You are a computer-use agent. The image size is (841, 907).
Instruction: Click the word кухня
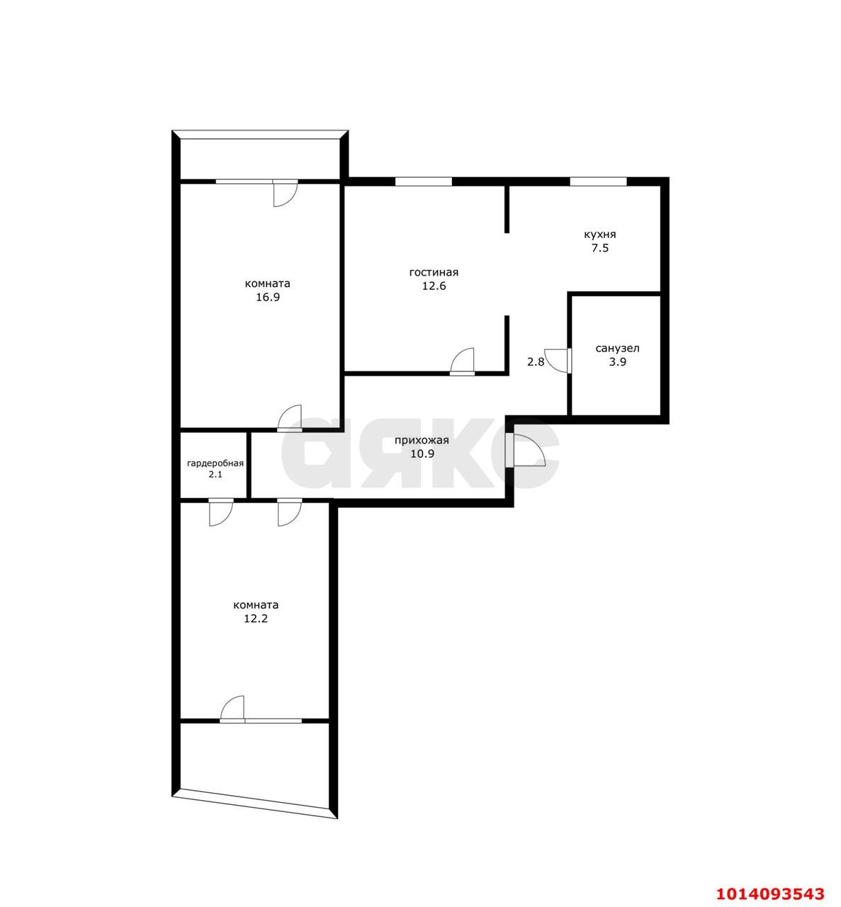coord(600,235)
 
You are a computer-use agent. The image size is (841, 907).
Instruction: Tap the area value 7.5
coord(600,249)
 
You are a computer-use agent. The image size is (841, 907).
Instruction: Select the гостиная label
coord(434,273)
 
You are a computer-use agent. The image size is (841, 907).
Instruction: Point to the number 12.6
coord(434,286)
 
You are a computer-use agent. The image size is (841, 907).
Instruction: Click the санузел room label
coord(617,349)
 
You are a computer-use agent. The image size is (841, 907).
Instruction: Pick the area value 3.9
coord(618,362)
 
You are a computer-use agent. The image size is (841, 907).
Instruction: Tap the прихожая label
coord(422,441)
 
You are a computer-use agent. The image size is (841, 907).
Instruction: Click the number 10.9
coord(422,454)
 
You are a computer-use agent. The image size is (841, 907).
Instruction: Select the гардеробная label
coord(215,463)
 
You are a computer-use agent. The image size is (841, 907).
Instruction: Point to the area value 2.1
coord(215,475)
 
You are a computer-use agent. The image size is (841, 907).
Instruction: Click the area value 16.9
coord(268,298)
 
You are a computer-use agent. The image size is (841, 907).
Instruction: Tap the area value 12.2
coord(256,619)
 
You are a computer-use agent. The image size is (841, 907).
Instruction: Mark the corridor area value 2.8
coord(536,362)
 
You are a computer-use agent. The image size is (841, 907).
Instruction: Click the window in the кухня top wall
coord(598,182)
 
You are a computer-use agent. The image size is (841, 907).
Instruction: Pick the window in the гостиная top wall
coord(424,182)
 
